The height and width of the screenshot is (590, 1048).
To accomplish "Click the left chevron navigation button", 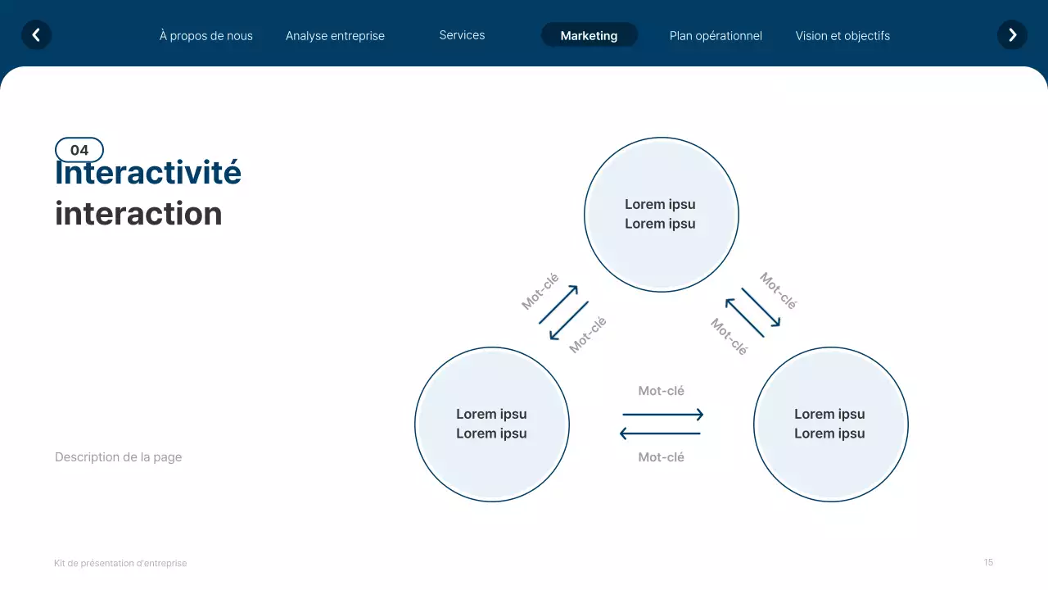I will point(36,35).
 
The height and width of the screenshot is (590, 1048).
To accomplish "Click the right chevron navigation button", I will point(1012,35).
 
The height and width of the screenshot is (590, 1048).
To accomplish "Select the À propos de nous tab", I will point(206,36).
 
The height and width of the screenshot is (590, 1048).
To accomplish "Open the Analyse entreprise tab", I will point(335,36).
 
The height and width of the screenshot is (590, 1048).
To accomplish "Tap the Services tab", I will point(462,35).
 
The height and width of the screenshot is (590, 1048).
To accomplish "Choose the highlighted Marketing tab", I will point(589,35).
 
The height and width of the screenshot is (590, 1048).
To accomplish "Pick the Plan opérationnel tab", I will point(716,36).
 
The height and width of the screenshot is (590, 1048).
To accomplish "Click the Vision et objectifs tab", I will point(842,36).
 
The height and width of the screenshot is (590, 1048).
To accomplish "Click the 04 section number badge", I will point(79,150).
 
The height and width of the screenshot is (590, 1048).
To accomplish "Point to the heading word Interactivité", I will point(148,174).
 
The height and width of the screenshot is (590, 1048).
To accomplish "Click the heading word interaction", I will point(138,214).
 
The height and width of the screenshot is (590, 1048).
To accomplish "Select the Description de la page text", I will point(118,457).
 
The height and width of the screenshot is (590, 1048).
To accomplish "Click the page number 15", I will point(988,562).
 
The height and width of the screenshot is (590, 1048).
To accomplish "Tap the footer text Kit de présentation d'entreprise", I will point(120,564).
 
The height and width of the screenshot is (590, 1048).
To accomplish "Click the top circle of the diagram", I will point(661,215).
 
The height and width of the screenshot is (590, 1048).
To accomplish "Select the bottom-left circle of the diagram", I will point(491,424).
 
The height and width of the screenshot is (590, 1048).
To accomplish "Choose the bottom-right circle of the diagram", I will point(829,424).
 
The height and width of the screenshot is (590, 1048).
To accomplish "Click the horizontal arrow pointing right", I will point(662,415).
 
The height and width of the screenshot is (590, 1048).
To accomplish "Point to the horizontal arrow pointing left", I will point(660,433).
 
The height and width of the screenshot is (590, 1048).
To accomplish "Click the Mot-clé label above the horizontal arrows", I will point(661,392).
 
